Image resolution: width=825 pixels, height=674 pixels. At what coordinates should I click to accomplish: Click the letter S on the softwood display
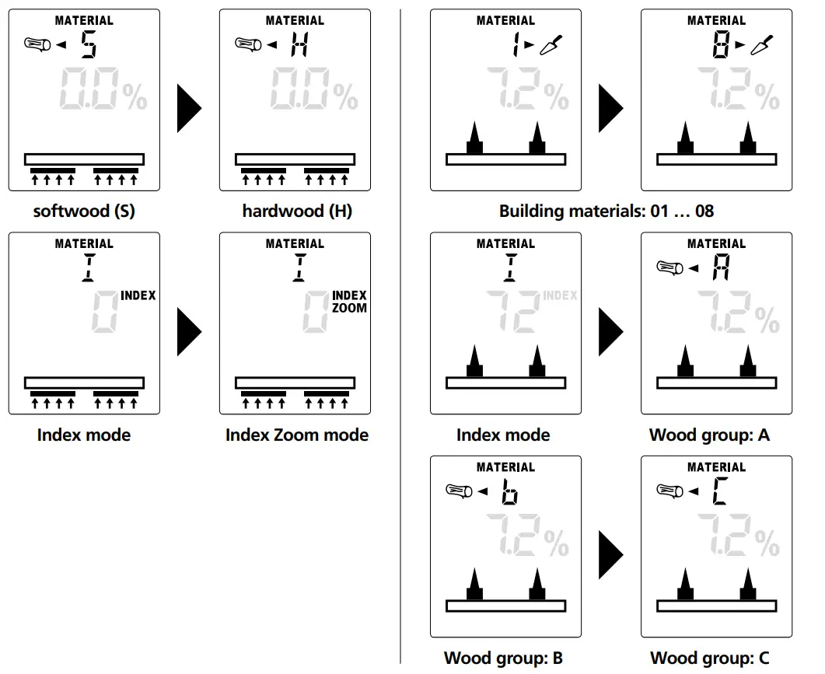(89, 44)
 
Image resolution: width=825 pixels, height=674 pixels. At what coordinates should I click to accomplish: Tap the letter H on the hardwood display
(299, 44)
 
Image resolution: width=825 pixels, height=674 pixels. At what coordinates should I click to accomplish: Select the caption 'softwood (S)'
(84, 211)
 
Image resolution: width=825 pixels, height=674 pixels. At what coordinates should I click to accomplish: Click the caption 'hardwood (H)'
(297, 211)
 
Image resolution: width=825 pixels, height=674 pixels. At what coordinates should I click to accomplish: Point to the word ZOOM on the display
(349, 308)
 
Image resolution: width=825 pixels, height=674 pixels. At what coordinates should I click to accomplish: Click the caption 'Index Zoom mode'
(297, 435)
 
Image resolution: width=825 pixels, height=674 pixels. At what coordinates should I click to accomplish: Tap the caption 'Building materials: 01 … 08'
(607, 211)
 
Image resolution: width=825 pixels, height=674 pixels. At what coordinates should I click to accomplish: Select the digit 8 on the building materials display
(721, 44)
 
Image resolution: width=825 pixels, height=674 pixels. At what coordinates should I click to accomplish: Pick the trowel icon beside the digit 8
(762, 45)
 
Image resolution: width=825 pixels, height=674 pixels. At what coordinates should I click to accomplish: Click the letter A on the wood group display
(721, 267)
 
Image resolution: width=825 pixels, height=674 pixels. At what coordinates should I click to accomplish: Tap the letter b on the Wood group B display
(509, 491)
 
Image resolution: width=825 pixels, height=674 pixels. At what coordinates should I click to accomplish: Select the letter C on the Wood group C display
(720, 491)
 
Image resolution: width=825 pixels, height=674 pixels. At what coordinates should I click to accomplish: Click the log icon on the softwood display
(38, 44)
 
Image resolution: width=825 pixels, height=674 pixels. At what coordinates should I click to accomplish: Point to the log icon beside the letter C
(669, 491)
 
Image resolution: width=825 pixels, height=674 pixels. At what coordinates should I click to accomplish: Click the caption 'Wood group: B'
(503, 658)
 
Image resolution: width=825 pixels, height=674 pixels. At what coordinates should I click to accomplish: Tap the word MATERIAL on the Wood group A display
(717, 243)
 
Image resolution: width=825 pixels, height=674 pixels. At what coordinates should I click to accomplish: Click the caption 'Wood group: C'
(710, 658)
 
